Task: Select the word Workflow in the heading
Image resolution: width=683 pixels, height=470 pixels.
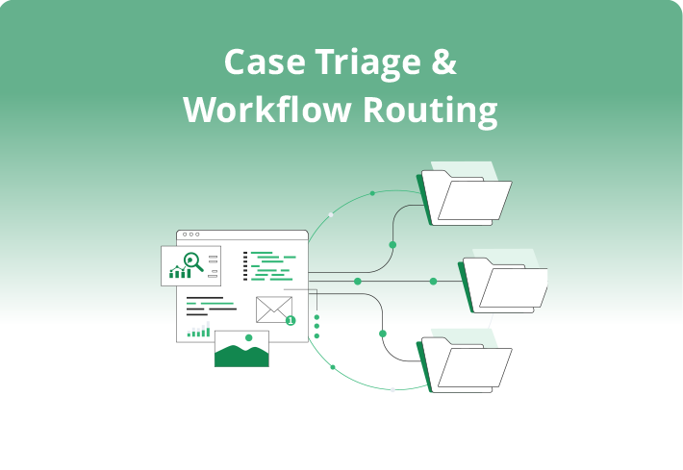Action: (267, 110)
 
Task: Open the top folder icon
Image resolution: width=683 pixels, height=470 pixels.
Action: (467, 196)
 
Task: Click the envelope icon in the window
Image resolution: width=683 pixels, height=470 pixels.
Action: (274, 309)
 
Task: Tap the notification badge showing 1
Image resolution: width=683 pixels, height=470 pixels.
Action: (291, 320)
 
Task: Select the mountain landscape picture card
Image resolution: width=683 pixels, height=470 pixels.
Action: (241, 349)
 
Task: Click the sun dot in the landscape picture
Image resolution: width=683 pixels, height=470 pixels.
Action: (249, 338)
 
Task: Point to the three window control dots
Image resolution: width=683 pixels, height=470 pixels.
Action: (190, 235)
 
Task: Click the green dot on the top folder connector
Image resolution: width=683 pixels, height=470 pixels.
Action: (392, 245)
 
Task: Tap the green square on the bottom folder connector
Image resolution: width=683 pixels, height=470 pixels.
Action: (383, 334)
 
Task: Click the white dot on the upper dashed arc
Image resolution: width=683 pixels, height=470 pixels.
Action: (331, 214)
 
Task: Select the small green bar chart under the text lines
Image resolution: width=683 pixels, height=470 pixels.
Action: (198, 332)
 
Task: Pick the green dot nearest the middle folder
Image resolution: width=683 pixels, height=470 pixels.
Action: (434, 282)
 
